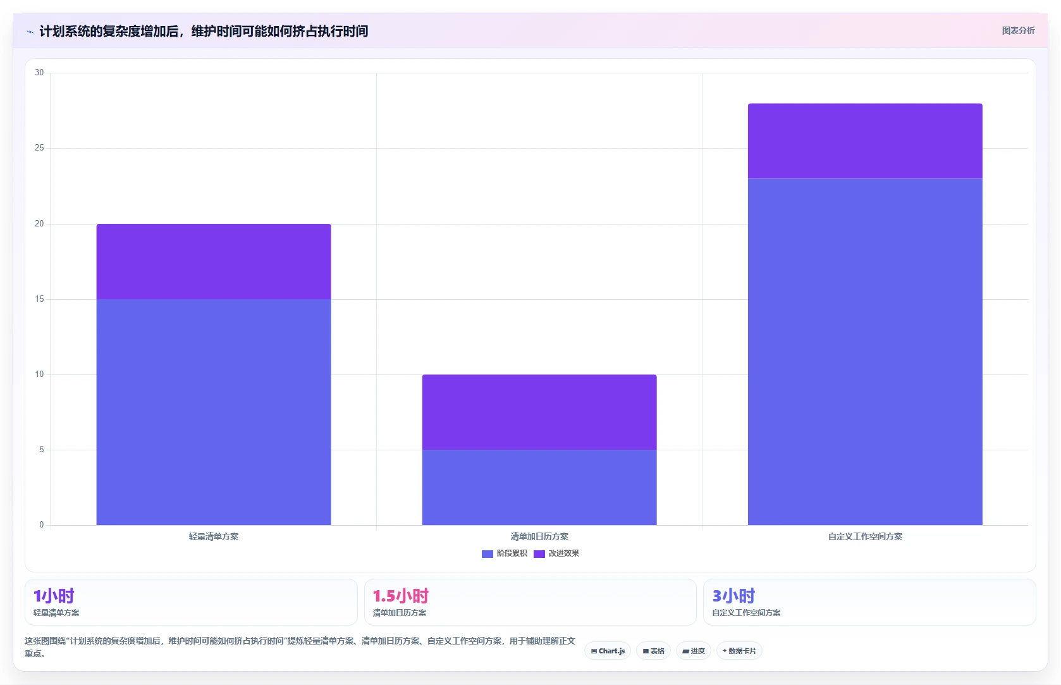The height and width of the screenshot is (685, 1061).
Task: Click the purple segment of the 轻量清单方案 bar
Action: [x=214, y=261]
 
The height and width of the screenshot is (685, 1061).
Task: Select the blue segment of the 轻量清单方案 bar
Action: [x=214, y=412]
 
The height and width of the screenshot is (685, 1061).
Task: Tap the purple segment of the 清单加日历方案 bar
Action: [x=539, y=412]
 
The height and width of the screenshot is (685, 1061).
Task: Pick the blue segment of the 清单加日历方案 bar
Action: [x=539, y=488]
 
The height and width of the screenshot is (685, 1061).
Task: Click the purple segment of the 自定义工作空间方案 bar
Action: [x=866, y=141]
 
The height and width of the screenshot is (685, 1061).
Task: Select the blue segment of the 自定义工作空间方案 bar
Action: [x=866, y=352]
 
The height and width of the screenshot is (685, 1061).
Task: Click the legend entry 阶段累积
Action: [x=505, y=553]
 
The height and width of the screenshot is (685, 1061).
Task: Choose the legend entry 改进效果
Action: [x=556, y=553]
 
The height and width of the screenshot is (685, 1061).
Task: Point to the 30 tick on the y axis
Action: [x=39, y=73]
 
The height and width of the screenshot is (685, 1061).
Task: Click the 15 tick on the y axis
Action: [x=39, y=299]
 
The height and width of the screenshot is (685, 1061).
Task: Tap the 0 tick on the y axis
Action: [x=42, y=524]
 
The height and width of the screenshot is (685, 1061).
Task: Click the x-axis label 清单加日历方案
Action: [x=539, y=536]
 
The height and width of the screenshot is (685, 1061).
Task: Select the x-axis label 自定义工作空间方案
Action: [x=866, y=536]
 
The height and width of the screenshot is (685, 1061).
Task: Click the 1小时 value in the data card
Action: [x=54, y=595]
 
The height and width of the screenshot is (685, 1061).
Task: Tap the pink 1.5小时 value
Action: [x=401, y=595]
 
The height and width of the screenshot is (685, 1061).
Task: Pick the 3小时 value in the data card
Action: [x=733, y=595]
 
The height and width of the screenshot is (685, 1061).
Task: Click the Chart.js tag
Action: [x=608, y=651]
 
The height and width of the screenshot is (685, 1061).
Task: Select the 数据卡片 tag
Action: [x=739, y=651]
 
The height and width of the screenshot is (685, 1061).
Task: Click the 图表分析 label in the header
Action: [x=1019, y=31]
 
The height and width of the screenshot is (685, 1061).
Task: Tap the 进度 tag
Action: [x=694, y=651]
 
